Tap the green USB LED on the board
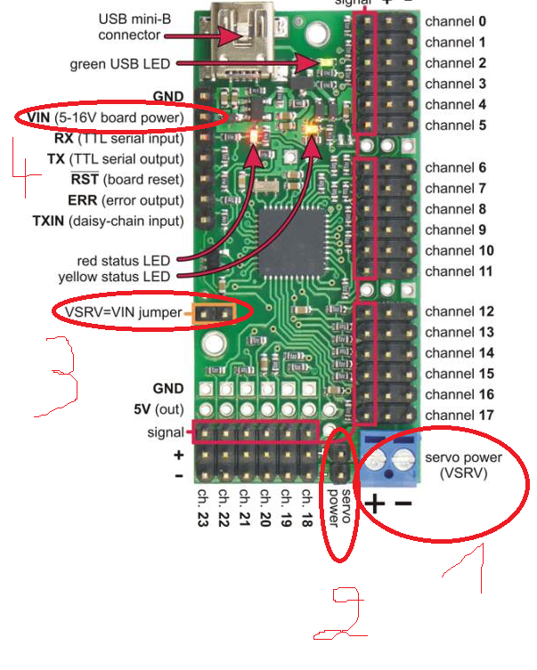click(326, 62)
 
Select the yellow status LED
click(312, 129)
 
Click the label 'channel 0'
click(455, 20)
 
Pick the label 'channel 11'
click(459, 270)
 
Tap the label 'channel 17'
click(459, 415)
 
